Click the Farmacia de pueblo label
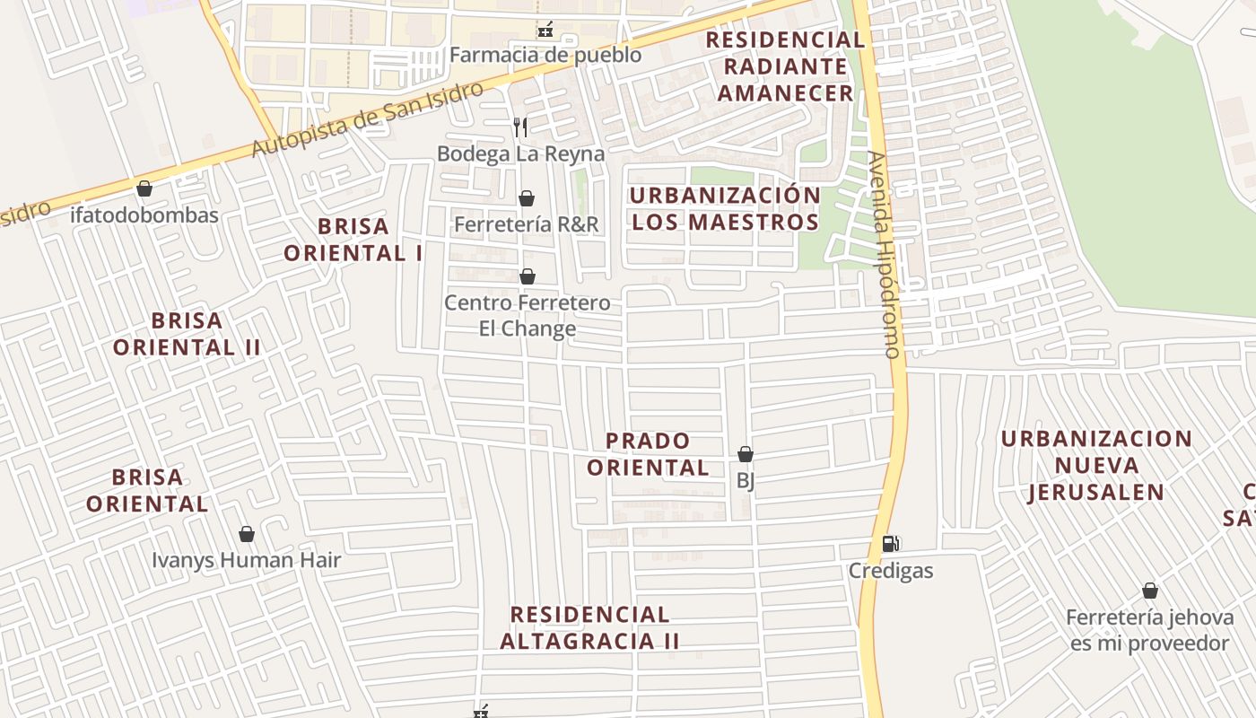(545, 55)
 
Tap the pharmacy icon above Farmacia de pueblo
(545, 31)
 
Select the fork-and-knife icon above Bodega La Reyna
(520, 127)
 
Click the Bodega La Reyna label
(520, 153)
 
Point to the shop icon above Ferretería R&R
(527, 198)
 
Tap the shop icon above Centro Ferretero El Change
(528, 276)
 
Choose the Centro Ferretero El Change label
(528, 315)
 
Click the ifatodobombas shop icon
(144, 188)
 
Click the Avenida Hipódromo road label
(884, 255)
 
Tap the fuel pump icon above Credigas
(891, 543)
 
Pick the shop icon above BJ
(746, 454)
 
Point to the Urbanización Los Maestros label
(725, 208)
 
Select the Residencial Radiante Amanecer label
(785, 66)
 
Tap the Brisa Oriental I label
(353, 240)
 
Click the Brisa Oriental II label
(187, 334)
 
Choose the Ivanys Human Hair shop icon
(247, 535)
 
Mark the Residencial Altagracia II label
(589, 627)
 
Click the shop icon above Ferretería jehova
(1150, 591)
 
